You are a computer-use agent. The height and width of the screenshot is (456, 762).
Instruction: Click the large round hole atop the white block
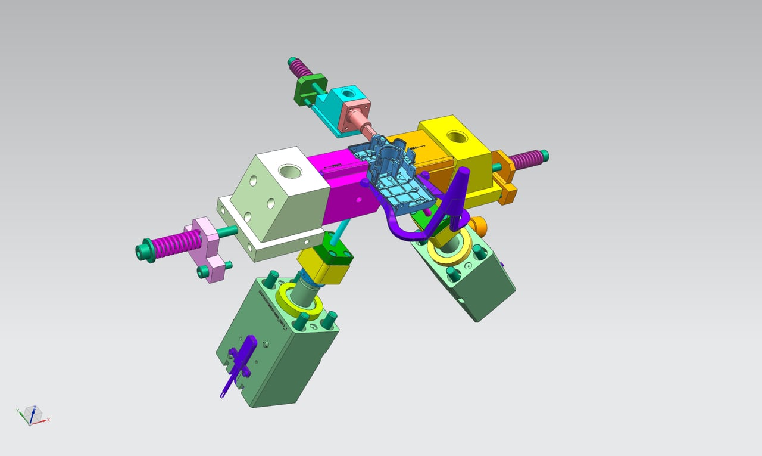tap(291, 172)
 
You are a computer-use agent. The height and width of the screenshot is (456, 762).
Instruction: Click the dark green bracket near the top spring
tap(310, 88)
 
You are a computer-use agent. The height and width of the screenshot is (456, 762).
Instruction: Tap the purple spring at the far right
tap(527, 159)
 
